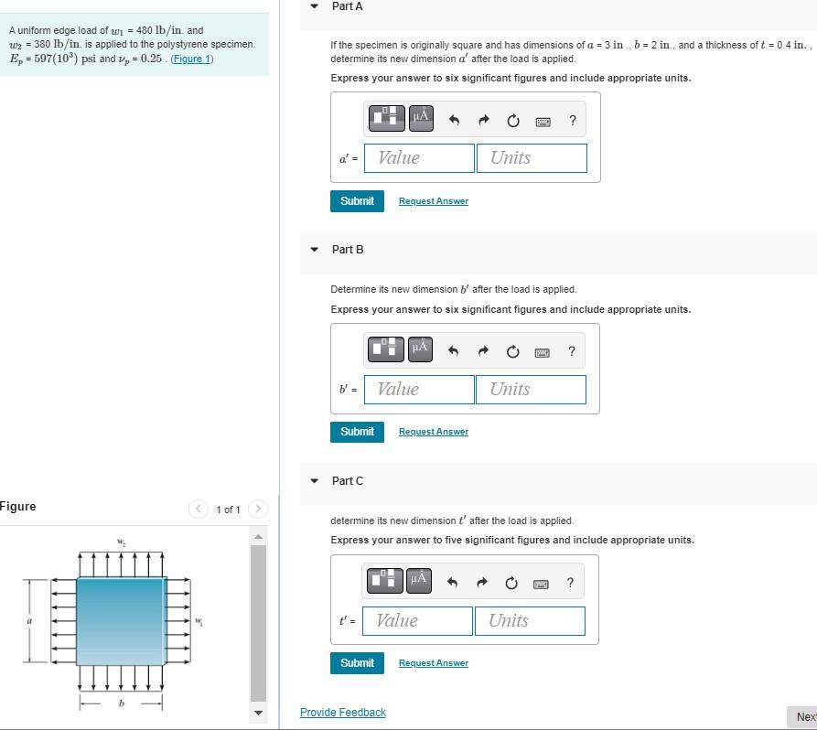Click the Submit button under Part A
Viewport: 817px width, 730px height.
(357, 200)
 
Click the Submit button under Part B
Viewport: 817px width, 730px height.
(357, 431)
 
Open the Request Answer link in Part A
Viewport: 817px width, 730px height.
(433, 201)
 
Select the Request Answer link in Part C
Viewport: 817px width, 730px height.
(433, 663)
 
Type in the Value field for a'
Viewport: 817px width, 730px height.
(419, 157)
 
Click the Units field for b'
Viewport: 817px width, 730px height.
(531, 389)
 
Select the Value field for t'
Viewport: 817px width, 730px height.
(417, 620)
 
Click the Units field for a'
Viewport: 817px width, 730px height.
(531, 157)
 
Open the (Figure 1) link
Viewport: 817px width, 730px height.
(192, 59)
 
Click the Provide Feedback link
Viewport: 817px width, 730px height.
(343, 713)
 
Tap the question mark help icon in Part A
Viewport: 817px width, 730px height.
(573, 120)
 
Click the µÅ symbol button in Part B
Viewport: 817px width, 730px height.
(420, 348)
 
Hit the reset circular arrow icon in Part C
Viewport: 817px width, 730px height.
(511, 583)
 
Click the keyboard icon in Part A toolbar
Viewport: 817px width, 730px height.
(543, 121)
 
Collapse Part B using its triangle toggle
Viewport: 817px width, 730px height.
(315, 249)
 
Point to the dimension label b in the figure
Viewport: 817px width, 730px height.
(121, 703)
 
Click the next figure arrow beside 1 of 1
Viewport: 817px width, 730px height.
(258, 509)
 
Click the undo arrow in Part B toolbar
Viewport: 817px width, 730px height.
(453, 351)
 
